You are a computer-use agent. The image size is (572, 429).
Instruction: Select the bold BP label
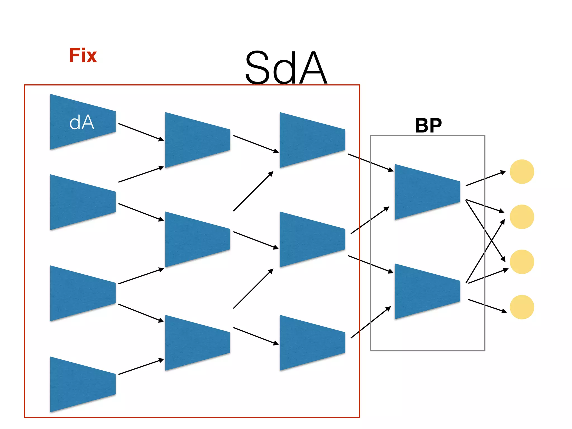[x=428, y=125]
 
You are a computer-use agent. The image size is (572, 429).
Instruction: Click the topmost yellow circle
[x=522, y=171]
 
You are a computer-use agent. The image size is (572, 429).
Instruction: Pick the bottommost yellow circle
[x=522, y=307]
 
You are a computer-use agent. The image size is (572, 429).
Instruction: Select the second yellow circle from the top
[x=522, y=217]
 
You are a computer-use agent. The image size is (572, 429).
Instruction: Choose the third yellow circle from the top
[x=522, y=262]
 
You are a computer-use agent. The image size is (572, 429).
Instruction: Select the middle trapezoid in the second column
[x=197, y=239]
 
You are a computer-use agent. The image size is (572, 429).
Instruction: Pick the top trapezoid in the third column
[x=312, y=140]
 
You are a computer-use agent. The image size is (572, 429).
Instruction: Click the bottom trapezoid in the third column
[x=312, y=343]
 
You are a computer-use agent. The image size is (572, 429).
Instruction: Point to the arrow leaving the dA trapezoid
[x=141, y=132]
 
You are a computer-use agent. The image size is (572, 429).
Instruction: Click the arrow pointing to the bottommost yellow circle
[x=487, y=306]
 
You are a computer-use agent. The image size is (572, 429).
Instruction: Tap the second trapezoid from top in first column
[x=83, y=202]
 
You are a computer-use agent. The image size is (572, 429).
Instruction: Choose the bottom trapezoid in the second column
[x=197, y=343]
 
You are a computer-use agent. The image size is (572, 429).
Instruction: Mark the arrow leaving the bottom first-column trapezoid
[x=141, y=367]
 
